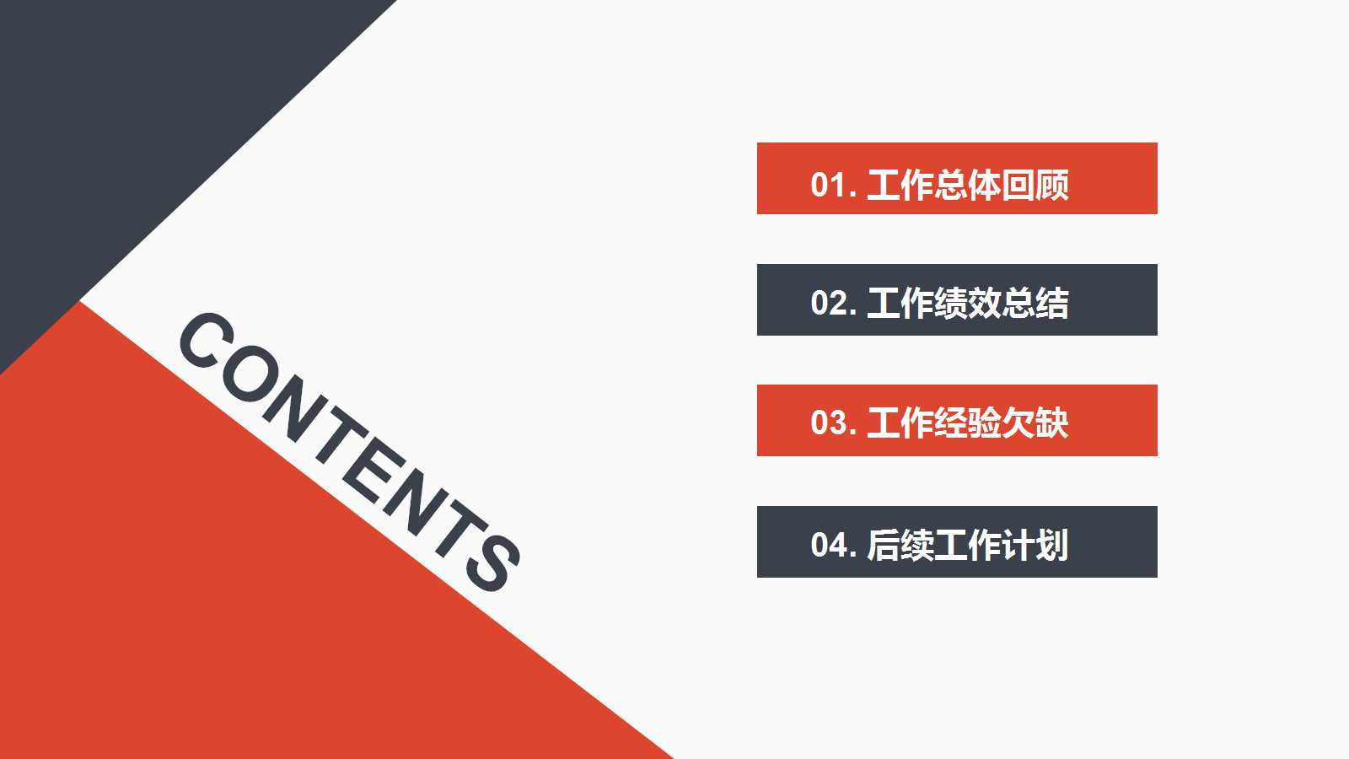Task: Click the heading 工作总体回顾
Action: [x=968, y=185]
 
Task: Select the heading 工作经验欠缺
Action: [x=968, y=423]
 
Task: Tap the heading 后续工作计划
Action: [x=968, y=545]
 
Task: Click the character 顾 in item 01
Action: [x=1052, y=185]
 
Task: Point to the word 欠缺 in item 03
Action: [x=1035, y=423]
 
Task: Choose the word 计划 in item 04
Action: [x=1035, y=545]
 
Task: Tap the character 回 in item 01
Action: [x=1018, y=185]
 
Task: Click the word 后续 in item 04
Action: [x=900, y=545]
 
